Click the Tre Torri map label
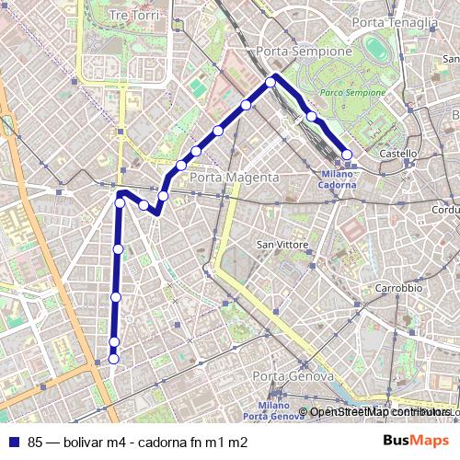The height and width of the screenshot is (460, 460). click(x=133, y=17)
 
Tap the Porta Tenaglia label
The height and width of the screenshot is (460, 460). click(x=395, y=22)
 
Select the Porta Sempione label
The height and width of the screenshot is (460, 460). click(x=305, y=52)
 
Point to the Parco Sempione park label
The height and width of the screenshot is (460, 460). click(x=354, y=93)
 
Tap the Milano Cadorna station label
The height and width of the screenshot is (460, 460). click(x=339, y=178)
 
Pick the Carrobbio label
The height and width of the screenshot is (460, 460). click(x=398, y=288)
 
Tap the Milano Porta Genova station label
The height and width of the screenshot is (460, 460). click(x=276, y=411)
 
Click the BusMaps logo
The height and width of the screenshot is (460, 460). click(x=416, y=442)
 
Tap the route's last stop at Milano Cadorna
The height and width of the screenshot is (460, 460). click(x=347, y=155)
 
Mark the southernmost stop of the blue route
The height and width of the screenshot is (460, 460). click(x=114, y=359)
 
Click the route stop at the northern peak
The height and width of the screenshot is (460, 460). click(x=271, y=82)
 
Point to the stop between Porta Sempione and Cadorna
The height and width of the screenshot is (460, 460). click(x=312, y=117)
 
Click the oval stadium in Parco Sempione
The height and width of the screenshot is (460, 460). click(x=376, y=47)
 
